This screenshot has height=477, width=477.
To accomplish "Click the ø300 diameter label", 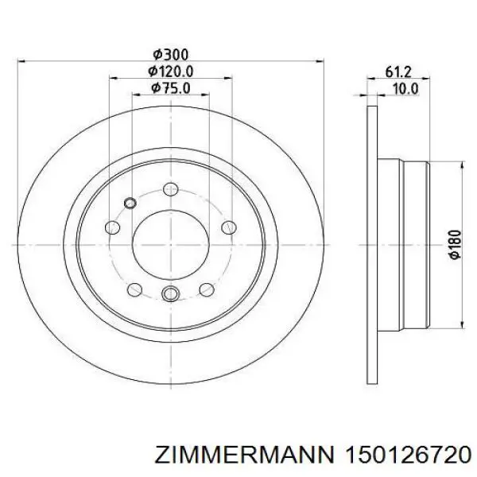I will tap(170, 54).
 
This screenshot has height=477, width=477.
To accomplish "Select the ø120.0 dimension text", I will tap(170, 71).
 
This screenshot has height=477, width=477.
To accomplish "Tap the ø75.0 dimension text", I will tap(170, 87).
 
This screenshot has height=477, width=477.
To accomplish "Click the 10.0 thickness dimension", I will tap(405, 88).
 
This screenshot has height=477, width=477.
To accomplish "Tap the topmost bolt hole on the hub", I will tap(170, 189).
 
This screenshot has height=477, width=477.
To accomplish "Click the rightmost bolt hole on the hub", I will tap(228, 225).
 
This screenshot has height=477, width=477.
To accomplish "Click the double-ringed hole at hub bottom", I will tap(169, 296).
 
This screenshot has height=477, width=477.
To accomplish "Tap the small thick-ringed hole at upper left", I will tap(129, 202).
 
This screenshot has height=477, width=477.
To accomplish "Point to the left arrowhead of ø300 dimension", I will tap(21, 62).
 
